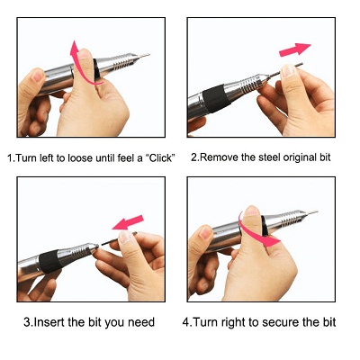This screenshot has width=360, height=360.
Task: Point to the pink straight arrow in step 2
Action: (x=295, y=49)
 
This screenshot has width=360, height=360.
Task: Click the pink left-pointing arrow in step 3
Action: (x=128, y=222)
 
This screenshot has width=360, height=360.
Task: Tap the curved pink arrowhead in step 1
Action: (x=75, y=49)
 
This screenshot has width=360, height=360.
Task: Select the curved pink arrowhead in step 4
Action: (x=273, y=241)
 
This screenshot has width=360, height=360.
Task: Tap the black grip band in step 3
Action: (x=49, y=260)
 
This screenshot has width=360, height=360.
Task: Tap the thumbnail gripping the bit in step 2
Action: (x=288, y=71)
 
